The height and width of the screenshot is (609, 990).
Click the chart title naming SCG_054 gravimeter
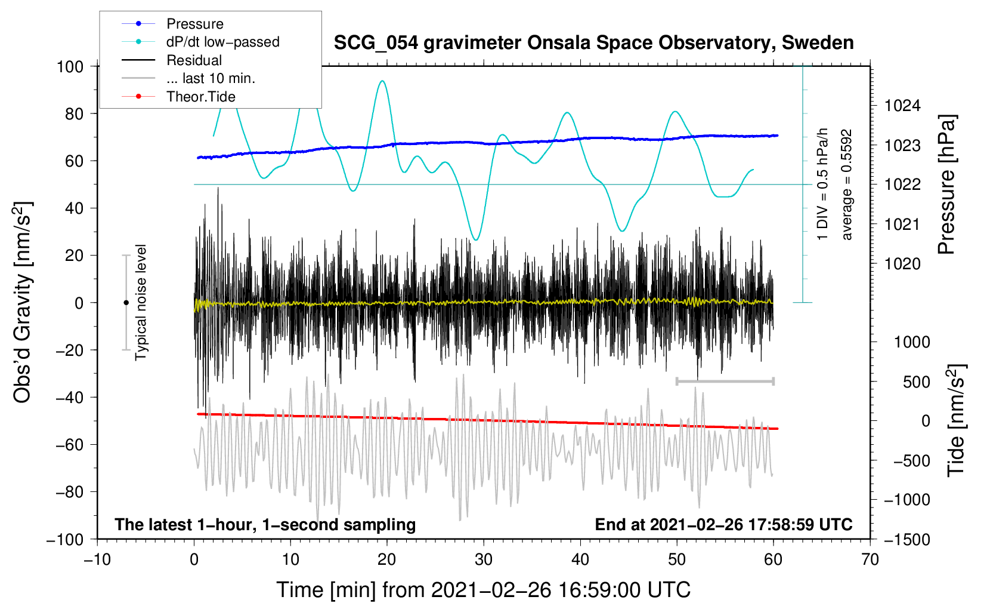point(593,43)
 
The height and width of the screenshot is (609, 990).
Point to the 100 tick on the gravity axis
point(70,67)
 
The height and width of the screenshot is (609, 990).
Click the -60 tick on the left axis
point(69,445)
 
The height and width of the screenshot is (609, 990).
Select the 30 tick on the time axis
point(484,560)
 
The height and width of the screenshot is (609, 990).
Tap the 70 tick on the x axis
point(870,560)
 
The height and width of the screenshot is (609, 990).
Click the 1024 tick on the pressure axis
point(902,106)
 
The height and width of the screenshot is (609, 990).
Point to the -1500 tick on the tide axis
point(907,540)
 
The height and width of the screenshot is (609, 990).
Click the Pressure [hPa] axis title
point(946,184)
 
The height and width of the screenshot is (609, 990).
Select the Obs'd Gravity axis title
point(22,302)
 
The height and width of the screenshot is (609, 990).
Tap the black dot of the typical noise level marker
point(126,303)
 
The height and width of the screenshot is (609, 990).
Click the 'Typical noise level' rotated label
point(141,303)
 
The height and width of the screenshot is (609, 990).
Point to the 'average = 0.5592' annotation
point(846,185)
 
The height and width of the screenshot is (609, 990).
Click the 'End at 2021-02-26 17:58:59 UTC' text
point(723,524)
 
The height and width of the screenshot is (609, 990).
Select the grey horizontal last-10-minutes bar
point(725,381)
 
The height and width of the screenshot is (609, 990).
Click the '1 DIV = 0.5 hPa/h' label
point(822,184)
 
